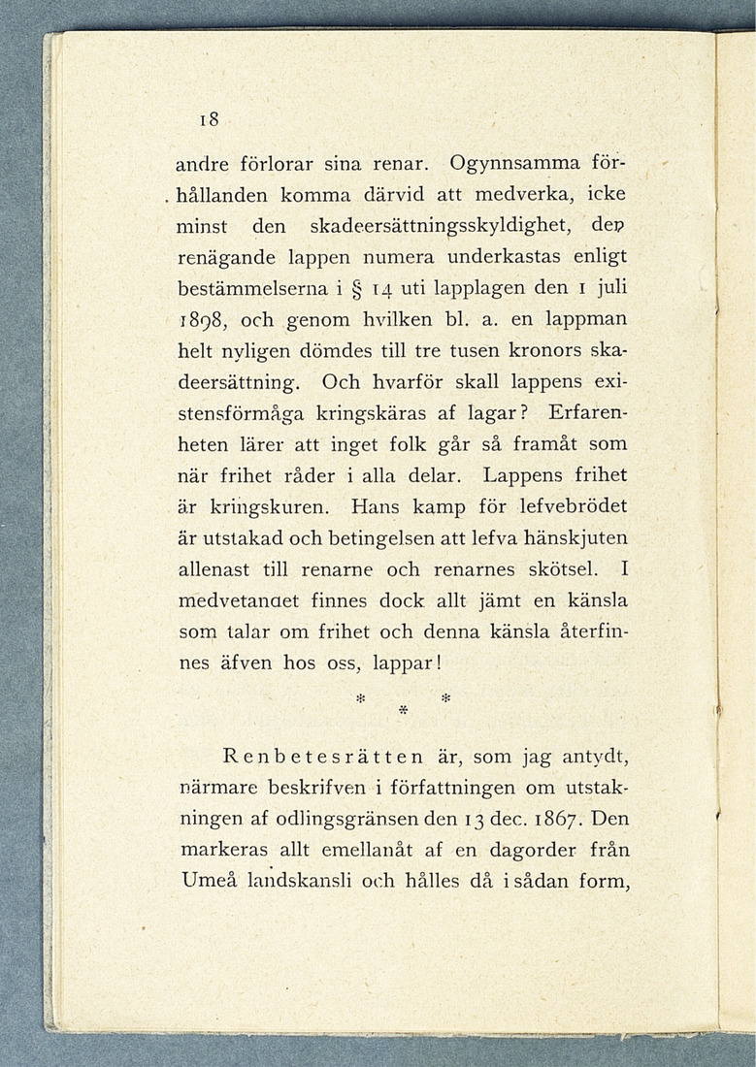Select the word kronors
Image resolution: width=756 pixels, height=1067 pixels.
526,353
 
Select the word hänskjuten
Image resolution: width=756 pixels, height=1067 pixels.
571,538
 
